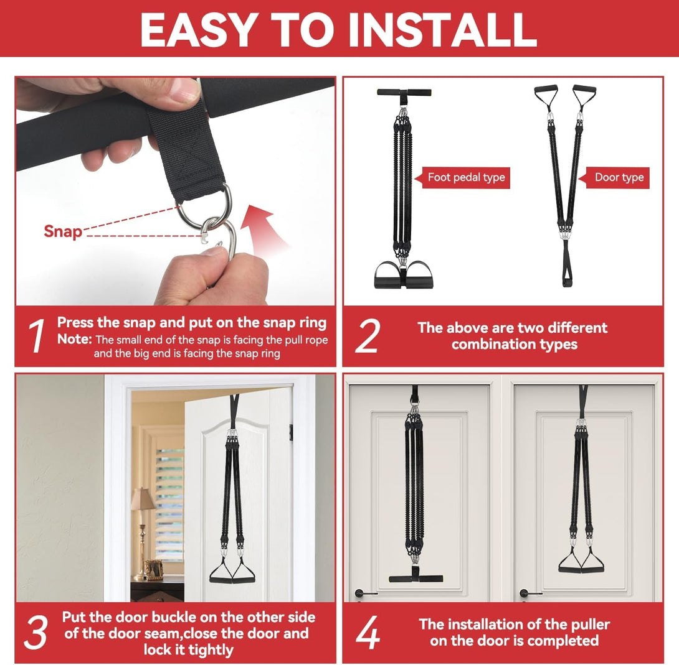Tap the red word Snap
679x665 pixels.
click(63, 231)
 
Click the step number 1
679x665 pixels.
click(37, 335)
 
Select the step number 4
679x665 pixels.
click(368, 632)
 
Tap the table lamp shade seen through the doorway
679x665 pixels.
click(143, 499)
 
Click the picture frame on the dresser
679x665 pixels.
click(154, 569)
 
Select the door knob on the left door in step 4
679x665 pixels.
click(362, 593)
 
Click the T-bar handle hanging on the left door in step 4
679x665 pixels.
click(415, 578)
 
